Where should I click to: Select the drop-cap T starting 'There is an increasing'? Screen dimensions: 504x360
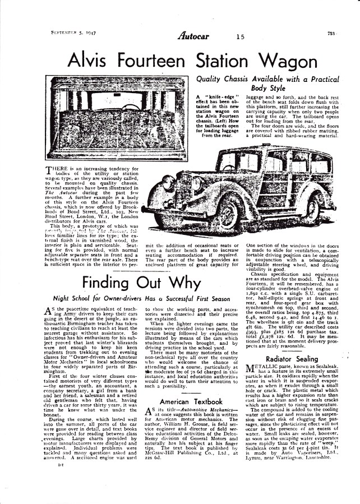(48, 169)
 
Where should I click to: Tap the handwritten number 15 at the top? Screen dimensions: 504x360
(239, 38)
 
